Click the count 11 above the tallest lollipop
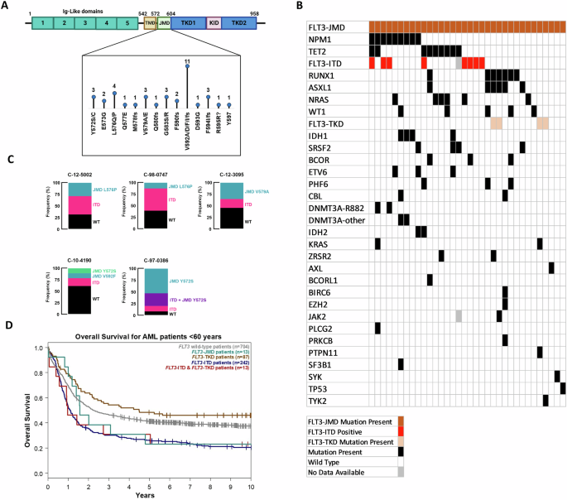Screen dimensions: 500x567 [x=188, y=62]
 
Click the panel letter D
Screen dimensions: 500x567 [x=7, y=325]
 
